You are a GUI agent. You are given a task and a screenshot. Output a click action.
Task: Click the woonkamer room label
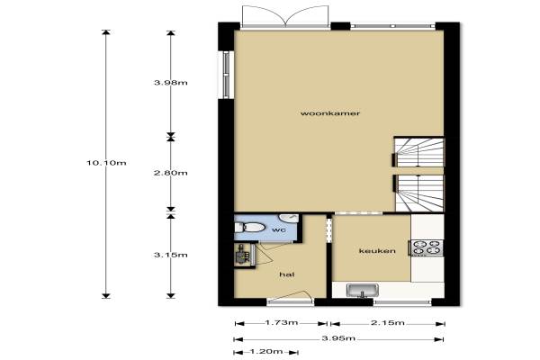[x=330, y=113]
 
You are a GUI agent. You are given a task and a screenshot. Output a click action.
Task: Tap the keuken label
[x=377, y=251]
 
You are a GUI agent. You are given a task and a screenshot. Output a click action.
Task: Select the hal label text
[x=287, y=274]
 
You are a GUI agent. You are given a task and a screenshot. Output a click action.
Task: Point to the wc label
[x=279, y=229]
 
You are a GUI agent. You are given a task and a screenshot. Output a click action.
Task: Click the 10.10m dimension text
[x=106, y=163]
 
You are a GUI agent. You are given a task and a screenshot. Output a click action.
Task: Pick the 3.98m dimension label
[x=171, y=83]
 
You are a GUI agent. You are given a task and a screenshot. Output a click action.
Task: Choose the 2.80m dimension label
[x=171, y=173]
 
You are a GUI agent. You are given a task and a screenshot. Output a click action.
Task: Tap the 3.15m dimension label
[x=171, y=255]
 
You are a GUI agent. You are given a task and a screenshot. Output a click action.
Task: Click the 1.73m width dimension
[x=282, y=323]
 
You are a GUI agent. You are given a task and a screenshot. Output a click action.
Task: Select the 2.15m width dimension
[x=388, y=323]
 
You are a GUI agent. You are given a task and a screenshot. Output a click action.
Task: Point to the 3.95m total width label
[x=338, y=338]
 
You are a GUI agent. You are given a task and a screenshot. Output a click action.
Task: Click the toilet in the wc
[x=249, y=228]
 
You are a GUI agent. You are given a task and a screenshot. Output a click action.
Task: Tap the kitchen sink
[x=363, y=290]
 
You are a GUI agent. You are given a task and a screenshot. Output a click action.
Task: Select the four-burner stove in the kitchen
[x=426, y=247]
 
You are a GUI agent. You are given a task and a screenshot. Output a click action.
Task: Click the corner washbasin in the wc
[x=289, y=219]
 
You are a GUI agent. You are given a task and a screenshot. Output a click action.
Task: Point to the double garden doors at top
[x=285, y=16]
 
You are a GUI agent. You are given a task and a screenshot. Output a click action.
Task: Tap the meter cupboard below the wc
[x=245, y=255]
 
